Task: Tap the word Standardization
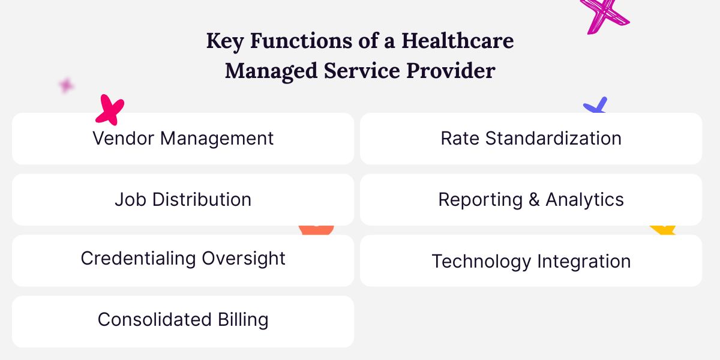click(553, 139)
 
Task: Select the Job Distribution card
click(183, 200)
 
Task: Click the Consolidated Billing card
click(183, 320)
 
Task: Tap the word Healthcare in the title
click(457, 41)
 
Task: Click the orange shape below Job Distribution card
click(316, 229)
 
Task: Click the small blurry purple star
click(66, 85)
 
